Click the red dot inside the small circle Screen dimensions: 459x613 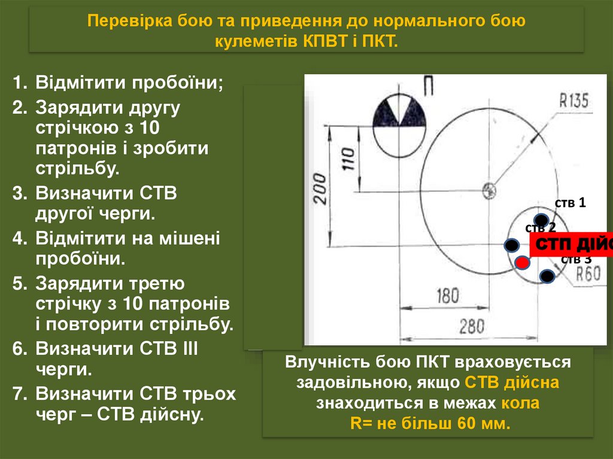pos(523,262)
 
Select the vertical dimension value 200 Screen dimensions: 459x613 pos(321,189)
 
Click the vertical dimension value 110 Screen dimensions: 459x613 pos(348,159)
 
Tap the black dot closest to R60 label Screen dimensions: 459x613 pos(547,276)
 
